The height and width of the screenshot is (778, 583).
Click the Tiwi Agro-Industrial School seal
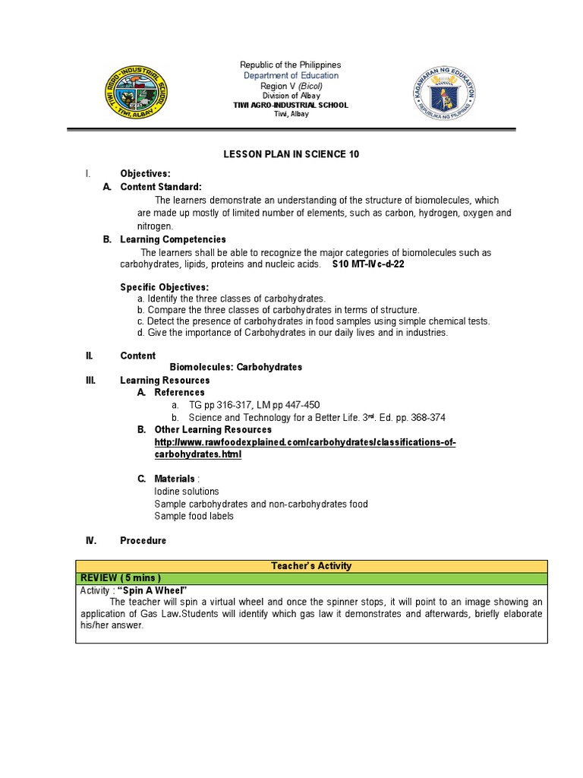point(137,90)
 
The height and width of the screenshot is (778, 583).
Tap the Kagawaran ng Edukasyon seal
point(445,90)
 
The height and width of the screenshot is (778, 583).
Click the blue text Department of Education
point(291,76)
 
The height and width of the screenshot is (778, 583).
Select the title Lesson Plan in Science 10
point(291,154)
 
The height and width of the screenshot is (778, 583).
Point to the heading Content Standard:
point(161,187)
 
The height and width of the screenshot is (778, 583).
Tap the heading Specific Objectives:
point(164,287)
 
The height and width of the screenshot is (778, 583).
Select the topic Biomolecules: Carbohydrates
point(235,367)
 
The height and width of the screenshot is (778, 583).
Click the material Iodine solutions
point(187,492)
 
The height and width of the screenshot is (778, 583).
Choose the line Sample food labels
point(194,516)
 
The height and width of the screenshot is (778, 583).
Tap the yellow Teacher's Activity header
point(311,566)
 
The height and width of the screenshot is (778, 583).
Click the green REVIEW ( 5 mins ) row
point(311,579)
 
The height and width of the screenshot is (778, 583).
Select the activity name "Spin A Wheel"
point(153,591)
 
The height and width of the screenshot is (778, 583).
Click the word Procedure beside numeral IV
point(143,541)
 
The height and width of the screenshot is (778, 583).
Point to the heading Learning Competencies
point(173,239)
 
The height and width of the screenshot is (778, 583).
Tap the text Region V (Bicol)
point(291,86)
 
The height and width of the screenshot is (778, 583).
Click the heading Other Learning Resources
point(213,430)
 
